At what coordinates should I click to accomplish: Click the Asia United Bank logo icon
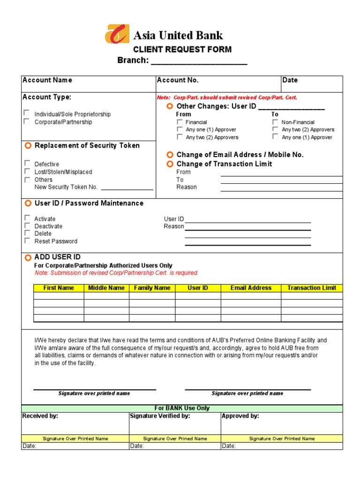point(117,34)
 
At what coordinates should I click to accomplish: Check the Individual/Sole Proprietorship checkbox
point(27,113)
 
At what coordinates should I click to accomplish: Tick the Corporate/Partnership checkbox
point(27,121)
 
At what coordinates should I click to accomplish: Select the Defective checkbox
point(27,163)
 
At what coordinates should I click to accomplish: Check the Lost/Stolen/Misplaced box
point(27,171)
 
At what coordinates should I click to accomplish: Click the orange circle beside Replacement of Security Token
point(28,146)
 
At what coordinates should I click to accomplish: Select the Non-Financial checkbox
point(275,122)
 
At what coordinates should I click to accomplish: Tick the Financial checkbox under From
point(180,122)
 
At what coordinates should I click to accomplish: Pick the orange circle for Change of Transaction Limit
point(170,164)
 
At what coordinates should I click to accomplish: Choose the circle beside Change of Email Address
point(170,155)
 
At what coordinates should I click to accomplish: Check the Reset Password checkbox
point(27,240)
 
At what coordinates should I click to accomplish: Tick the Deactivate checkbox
point(27,225)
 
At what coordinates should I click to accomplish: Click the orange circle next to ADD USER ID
point(28,257)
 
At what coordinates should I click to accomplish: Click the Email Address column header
point(251,288)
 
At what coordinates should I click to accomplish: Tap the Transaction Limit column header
point(312,288)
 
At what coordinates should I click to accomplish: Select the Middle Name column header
point(106,288)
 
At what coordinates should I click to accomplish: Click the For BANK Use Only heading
point(182,408)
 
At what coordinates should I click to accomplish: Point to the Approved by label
point(240,416)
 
